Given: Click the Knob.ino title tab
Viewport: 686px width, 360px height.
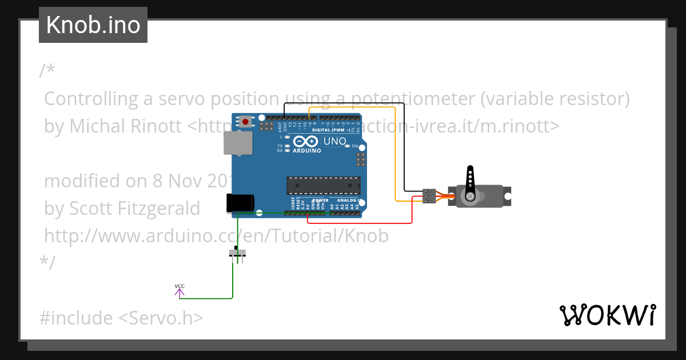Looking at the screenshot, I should click(93, 25).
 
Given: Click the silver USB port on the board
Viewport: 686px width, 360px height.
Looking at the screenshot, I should click(235, 143).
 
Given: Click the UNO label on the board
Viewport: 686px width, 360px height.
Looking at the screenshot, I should click(334, 141).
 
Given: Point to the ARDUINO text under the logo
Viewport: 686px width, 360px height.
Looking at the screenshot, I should click(306, 151).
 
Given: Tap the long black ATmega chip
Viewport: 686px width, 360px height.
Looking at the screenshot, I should click(324, 186).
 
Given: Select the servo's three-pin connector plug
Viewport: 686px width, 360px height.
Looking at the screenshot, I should click(429, 195).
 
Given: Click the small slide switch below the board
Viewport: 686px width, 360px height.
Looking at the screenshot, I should click(237, 253).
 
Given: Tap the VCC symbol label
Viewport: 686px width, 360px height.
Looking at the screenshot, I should click(180, 286).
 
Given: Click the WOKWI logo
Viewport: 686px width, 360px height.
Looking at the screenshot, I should click(607, 315).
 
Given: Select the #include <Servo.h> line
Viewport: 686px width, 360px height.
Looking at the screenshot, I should click(121, 318).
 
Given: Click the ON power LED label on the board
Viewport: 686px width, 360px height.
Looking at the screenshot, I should click(354, 146).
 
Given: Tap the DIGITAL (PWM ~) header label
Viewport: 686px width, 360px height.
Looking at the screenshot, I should click(332, 130).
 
